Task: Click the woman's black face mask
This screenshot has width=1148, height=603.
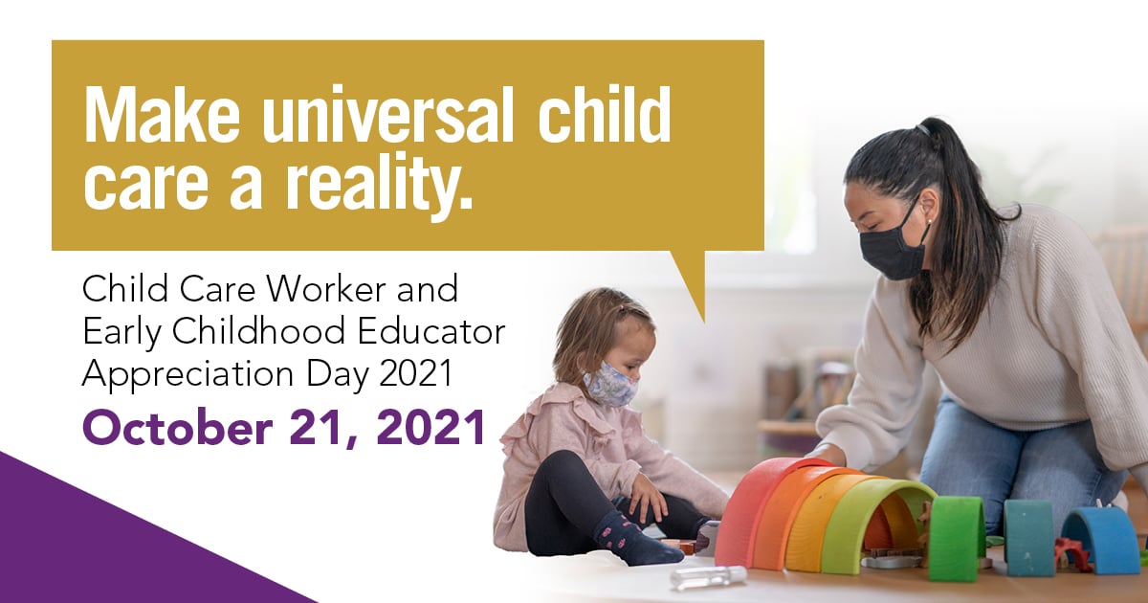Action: tap(893, 246)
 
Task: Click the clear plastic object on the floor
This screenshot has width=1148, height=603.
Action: tap(708, 576)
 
